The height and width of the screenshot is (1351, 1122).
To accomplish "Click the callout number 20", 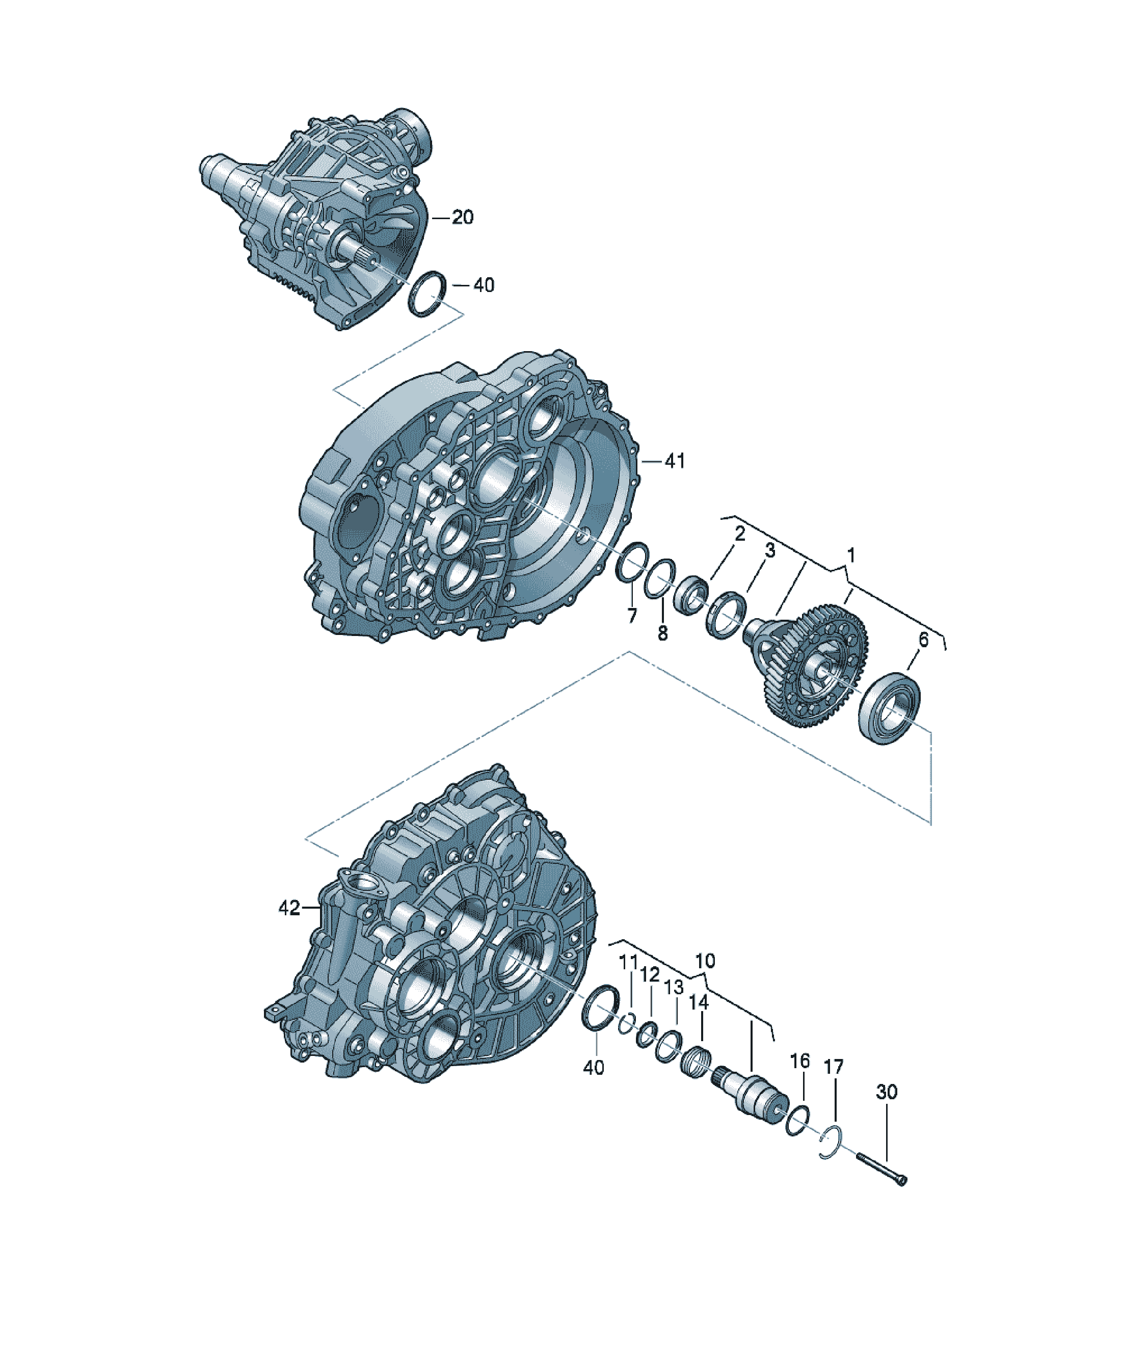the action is point(462,218).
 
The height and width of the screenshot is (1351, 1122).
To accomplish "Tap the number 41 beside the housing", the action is point(674,461).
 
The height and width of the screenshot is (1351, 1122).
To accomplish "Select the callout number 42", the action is point(289,908).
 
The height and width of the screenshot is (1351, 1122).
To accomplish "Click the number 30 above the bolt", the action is point(886,1092).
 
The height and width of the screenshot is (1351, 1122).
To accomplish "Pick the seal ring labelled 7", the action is point(631,561).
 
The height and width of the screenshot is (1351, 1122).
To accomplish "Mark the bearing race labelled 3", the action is point(726,615).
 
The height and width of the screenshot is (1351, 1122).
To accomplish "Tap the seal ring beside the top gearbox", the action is point(426,294).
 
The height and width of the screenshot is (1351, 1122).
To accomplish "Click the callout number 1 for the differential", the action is point(850,554).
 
